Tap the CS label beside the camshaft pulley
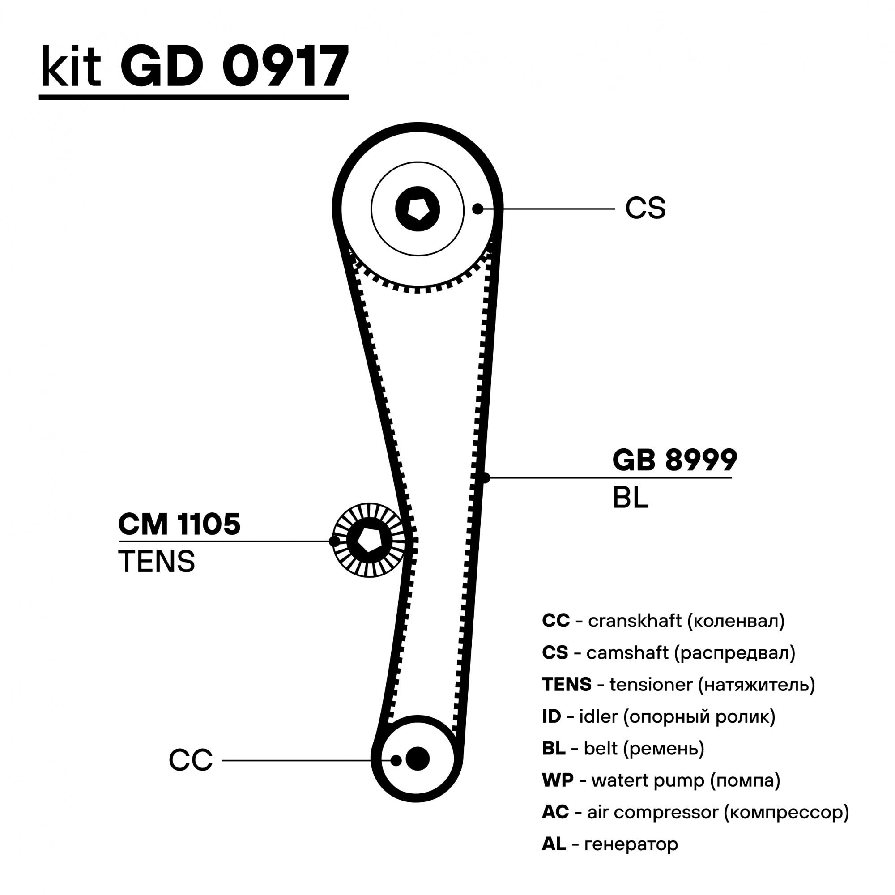pyautogui.click(x=645, y=209)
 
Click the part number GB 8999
pyautogui.click(x=674, y=460)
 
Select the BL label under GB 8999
pyautogui.click(x=630, y=499)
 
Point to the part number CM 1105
pyautogui.click(x=179, y=524)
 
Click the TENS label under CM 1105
pyautogui.click(x=157, y=562)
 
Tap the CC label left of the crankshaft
pyautogui.click(x=190, y=760)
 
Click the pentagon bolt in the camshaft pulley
pyautogui.click(x=418, y=209)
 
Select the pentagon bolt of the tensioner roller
pyautogui.click(x=369, y=540)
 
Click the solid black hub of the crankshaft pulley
pyautogui.click(x=418, y=759)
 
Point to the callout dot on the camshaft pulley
pyautogui.click(x=477, y=209)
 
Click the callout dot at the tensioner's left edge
pyautogui.click(x=334, y=541)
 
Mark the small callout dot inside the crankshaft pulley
pyautogui.click(x=396, y=760)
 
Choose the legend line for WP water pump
pyautogui.click(x=661, y=780)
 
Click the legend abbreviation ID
pyautogui.click(x=551, y=716)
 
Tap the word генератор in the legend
pyautogui.click(x=631, y=844)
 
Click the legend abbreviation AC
pyautogui.click(x=555, y=812)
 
